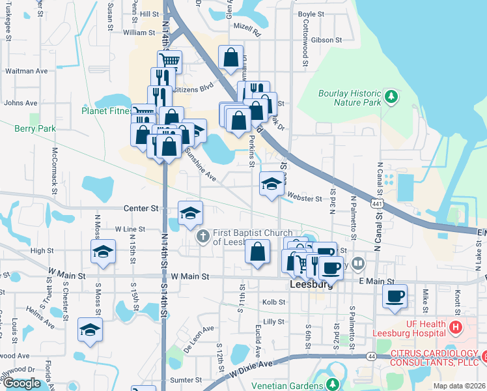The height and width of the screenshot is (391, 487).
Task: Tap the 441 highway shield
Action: click(378, 205)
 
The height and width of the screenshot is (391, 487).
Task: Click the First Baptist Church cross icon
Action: click(202, 235)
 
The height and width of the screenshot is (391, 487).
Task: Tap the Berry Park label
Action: click(35, 128)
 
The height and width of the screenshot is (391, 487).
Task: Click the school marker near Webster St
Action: click(271, 184)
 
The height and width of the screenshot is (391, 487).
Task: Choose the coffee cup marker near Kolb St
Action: click(395, 297)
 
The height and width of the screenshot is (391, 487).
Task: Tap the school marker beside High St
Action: click(103, 252)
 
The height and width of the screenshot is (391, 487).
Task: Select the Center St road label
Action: click(141, 209)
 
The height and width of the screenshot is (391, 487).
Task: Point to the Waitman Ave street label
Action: click(26, 71)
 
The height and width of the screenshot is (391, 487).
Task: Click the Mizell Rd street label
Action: click(247, 31)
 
